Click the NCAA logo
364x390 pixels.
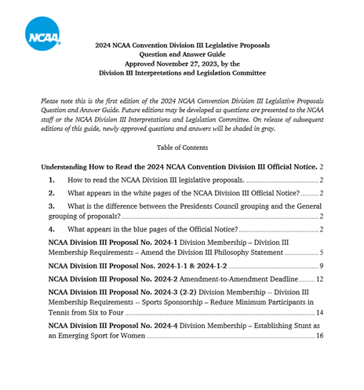(43, 33)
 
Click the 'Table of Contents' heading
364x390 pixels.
(182, 148)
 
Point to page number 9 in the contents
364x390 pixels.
(321, 267)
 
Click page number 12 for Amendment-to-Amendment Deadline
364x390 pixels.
(319, 279)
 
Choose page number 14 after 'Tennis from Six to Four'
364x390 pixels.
(319, 313)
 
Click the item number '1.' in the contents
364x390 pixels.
(52, 180)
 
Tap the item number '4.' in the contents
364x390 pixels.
(52, 229)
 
